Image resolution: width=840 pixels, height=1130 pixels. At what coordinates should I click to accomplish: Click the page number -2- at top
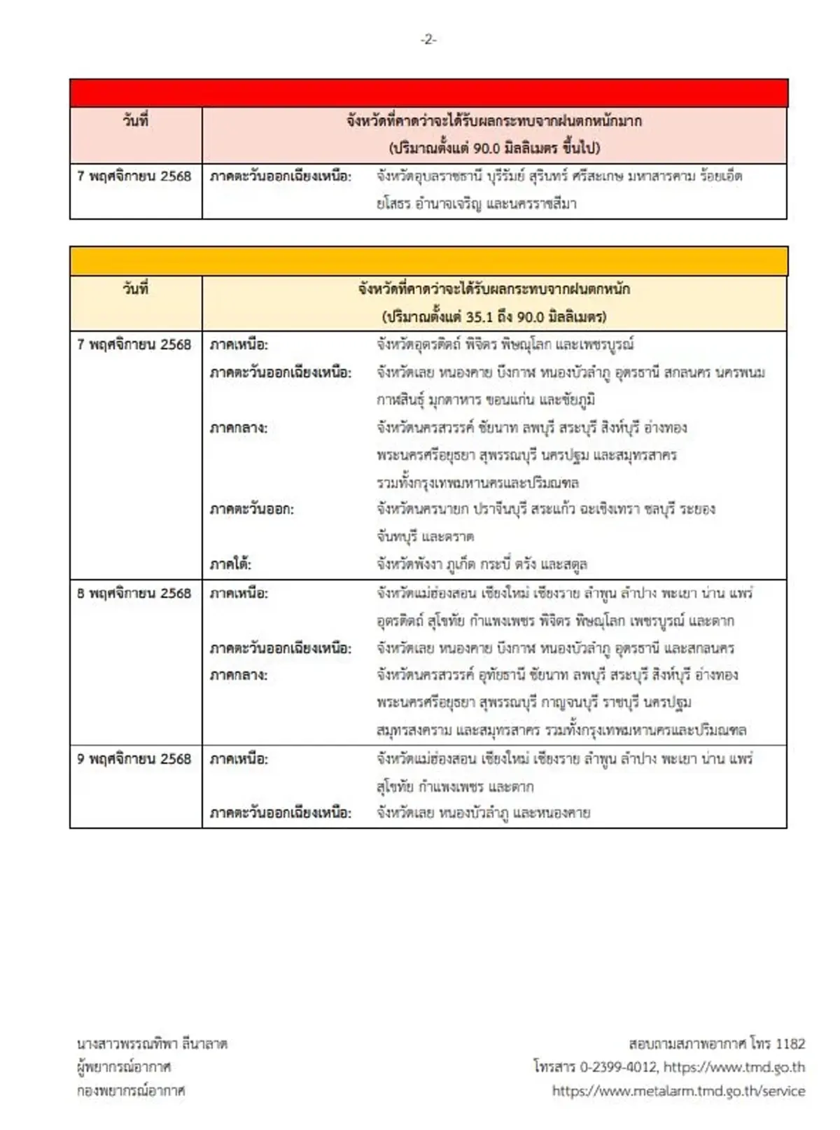pyautogui.click(x=428, y=40)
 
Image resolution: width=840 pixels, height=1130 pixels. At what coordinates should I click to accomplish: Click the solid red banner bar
pyautogui.click(x=428, y=93)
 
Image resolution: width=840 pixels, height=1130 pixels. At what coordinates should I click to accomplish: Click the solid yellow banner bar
pyautogui.click(x=428, y=261)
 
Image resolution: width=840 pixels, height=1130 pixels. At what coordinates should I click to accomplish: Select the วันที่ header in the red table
pyautogui.click(x=136, y=120)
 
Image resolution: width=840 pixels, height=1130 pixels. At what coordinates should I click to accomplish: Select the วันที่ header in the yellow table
pyautogui.click(x=136, y=288)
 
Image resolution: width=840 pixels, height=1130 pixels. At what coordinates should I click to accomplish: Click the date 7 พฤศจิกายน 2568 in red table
pyautogui.click(x=134, y=176)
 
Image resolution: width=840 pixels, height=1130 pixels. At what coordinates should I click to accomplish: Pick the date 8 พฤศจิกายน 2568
pyautogui.click(x=134, y=593)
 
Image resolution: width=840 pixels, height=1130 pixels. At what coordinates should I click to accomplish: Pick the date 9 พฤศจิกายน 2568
pyautogui.click(x=134, y=759)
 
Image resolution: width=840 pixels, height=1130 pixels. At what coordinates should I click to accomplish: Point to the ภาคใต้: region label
pyautogui.click(x=230, y=564)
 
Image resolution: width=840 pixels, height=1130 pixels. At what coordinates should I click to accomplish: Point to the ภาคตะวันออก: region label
pyautogui.click(x=252, y=509)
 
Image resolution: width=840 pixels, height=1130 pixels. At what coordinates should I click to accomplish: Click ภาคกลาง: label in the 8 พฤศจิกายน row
pyautogui.click(x=239, y=675)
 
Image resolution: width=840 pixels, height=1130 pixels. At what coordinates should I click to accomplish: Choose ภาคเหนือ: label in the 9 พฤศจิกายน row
pyautogui.click(x=239, y=759)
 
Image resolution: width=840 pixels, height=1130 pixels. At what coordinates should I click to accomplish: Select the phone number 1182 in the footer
pyautogui.click(x=790, y=1044)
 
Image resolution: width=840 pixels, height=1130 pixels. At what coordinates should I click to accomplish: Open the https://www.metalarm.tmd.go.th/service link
pyautogui.click(x=678, y=1091)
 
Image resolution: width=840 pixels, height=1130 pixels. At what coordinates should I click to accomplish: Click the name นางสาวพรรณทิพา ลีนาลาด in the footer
pyautogui.click(x=153, y=1044)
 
